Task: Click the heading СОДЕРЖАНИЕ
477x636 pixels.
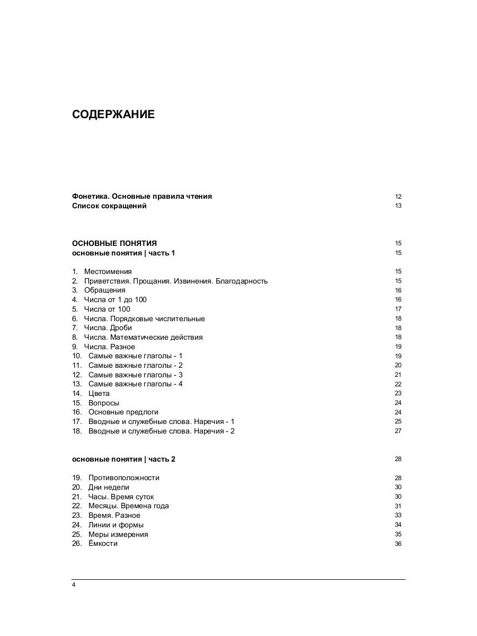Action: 113,114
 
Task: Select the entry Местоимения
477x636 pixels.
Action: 108,272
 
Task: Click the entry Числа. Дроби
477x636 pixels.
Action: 108,328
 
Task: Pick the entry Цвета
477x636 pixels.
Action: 99,394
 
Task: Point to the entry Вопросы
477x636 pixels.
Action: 104,403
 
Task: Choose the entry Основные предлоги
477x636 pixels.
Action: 123,412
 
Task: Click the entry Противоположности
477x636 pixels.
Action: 123,478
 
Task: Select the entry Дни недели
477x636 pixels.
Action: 109,488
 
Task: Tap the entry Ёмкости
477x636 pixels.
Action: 103,544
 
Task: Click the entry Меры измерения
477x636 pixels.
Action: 118,535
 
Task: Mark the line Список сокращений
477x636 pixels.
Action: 109,206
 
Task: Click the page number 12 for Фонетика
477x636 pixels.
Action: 398,197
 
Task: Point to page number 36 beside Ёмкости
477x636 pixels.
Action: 398,544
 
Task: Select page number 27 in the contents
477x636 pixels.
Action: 398,431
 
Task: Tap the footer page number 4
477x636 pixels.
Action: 74,585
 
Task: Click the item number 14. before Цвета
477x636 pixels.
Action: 77,394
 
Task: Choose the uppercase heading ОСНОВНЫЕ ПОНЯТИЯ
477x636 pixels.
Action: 114,244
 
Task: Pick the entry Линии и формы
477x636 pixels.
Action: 116,525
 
